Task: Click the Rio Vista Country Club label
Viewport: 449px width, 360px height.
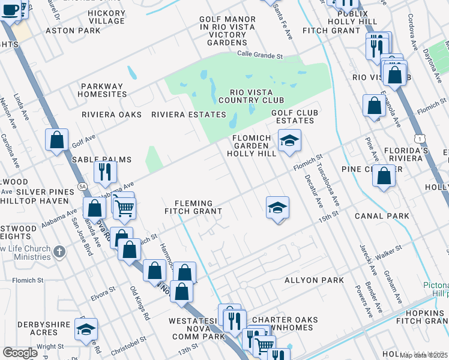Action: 248,96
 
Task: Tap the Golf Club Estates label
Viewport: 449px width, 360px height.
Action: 295,116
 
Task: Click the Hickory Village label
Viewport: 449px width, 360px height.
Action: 106,17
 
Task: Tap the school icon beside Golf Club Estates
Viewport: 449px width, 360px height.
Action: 289,140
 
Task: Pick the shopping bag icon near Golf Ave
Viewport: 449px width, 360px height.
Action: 56,140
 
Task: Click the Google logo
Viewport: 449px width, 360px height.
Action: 20,353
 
